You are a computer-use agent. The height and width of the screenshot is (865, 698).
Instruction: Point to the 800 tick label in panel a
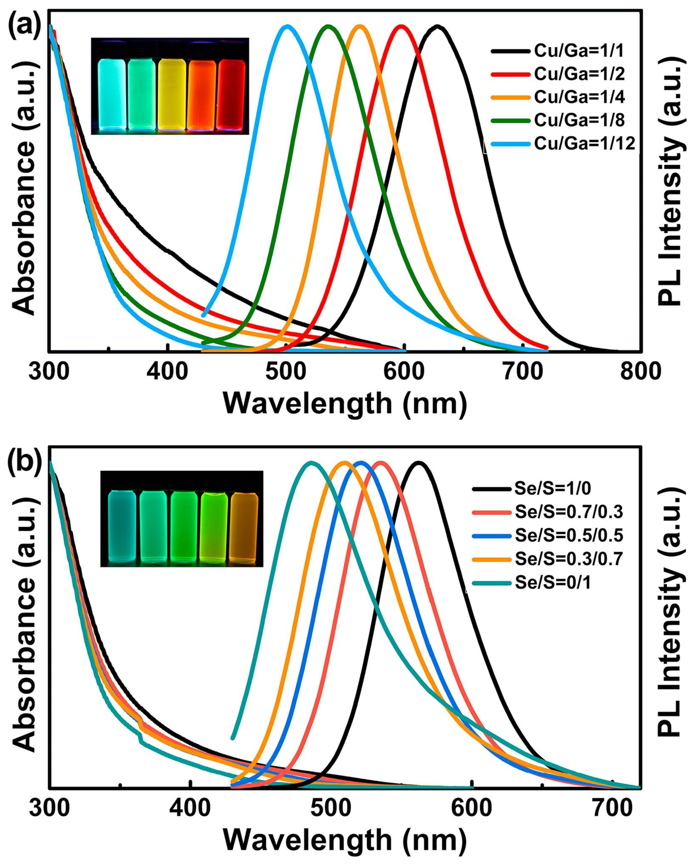coord(640,372)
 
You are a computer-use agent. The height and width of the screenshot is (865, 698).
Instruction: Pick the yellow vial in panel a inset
coord(171,94)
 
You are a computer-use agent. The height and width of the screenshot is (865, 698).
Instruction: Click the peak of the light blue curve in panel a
coord(287,26)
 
